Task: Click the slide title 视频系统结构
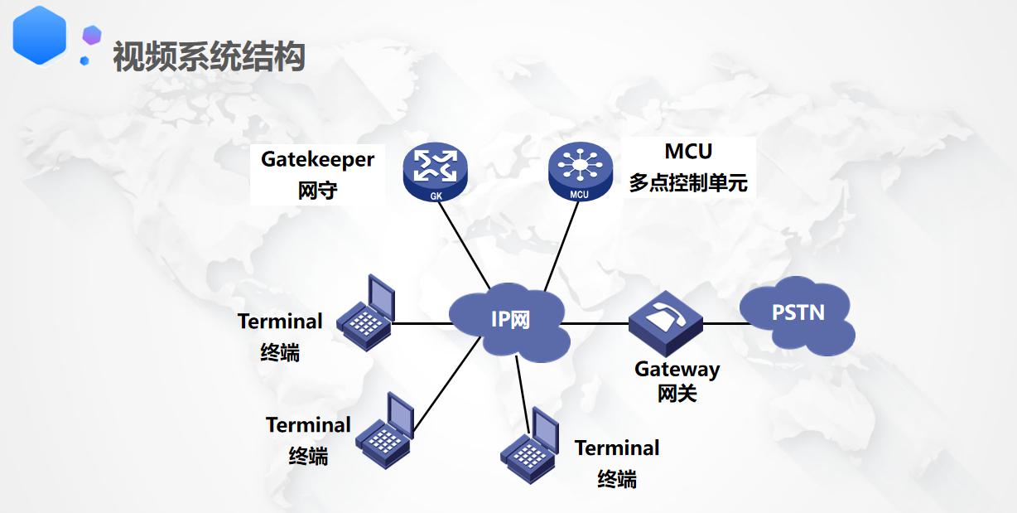(x=209, y=56)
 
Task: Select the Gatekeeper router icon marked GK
(x=436, y=172)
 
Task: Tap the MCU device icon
(x=579, y=172)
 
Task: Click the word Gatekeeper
(x=318, y=159)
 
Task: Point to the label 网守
(x=318, y=191)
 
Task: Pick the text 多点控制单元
(x=687, y=183)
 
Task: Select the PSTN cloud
(x=798, y=314)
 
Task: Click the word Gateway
(x=677, y=369)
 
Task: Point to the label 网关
(x=677, y=394)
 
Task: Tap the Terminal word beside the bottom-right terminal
(x=617, y=448)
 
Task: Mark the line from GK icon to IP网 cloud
(x=466, y=240)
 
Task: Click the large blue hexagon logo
(x=39, y=35)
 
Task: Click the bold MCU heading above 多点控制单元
(x=688, y=152)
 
